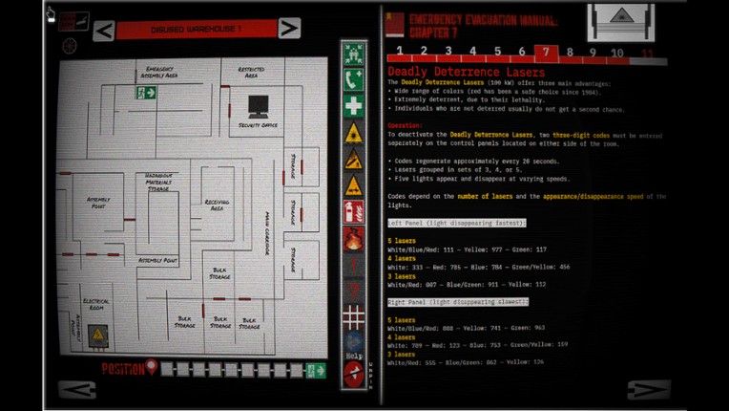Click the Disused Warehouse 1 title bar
click(x=196, y=30)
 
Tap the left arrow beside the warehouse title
click(x=104, y=31)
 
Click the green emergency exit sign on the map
click(x=146, y=93)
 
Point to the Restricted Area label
click(x=251, y=71)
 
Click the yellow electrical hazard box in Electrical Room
click(x=97, y=335)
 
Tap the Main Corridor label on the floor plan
click(x=268, y=233)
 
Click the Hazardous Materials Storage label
click(x=158, y=182)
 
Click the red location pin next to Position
click(x=150, y=368)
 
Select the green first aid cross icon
click(x=353, y=106)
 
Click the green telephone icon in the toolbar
click(x=353, y=79)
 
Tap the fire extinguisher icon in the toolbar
click(x=353, y=212)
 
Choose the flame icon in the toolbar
click(x=353, y=239)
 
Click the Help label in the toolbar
click(x=354, y=356)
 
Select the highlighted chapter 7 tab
click(x=545, y=53)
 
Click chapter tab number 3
click(x=448, y=52)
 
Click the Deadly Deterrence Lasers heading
click(x=466, y=73)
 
